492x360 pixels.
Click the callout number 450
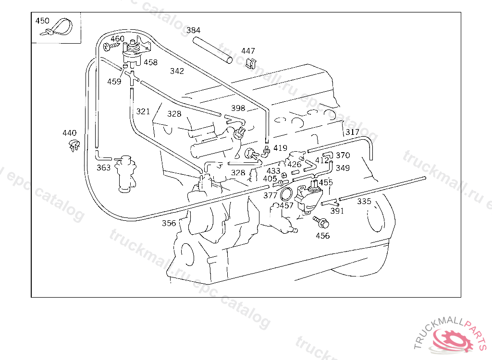pyautogui.click(x=42, y=21)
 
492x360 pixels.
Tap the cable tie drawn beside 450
pyautogui.click(x=58, y=28)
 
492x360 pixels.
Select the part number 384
pyautogui.click(x=193, y=30)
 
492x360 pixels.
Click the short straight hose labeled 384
pyautogui.click(x=213, y=50)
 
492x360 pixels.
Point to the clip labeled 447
pyautogui.click(x=250, y=63)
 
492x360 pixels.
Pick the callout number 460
pyautogui.click(x=117, y=39)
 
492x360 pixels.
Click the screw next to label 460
pyautogui.click(x=111, y=47)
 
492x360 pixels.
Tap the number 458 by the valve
pyautogui.click(x=150, y=62)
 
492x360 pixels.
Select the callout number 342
pyautogui.click(x=177, y=71)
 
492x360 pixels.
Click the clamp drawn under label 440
pyautogui.click(x=74, y=145)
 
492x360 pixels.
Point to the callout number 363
pyautogui.click(x=104, y=168)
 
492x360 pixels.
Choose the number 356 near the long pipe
pyautogui.click(x=169, y=223)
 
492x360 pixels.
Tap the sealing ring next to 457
pyautogui.click(x=286, y=194)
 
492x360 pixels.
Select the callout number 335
pyautogui.click(x=364, y=201)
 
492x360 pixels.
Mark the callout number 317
pyautogui.click(x=352, y=132)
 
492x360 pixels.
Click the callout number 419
pyautogui.click(x=280, y=148)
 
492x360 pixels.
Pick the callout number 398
pyautogui.click(x=238, y=108)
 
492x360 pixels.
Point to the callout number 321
pyautogui.click(x=143, y=112)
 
